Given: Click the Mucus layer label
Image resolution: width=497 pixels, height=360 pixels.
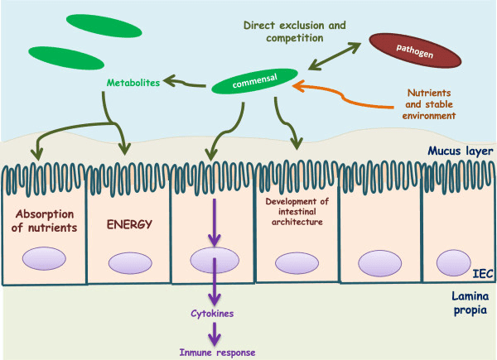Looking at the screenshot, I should [457, 152].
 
